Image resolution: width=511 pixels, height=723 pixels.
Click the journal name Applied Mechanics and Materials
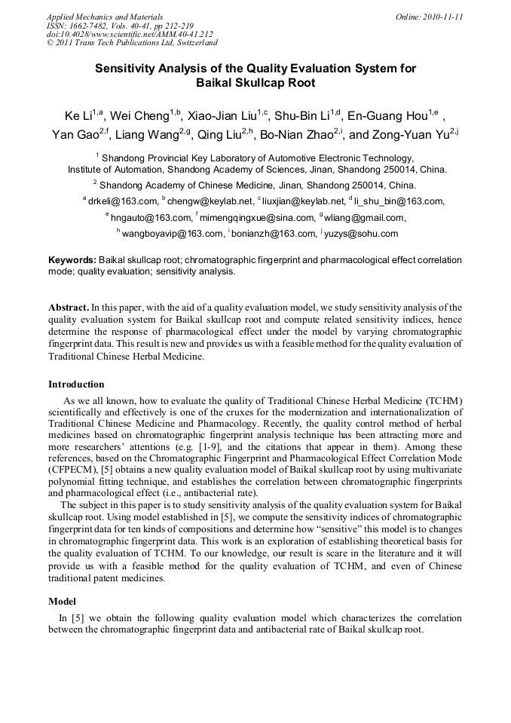tap(104, 16)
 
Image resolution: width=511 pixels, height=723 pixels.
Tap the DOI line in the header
tap(130, 34)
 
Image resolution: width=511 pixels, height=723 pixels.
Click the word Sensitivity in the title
tap(126, 68)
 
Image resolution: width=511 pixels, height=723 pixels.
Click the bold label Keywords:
tap(72, 259)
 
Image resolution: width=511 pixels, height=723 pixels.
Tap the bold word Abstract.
tap(69, 308)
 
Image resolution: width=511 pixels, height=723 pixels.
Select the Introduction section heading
tap(76, 384)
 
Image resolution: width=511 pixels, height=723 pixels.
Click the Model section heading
tap(62, 602)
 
